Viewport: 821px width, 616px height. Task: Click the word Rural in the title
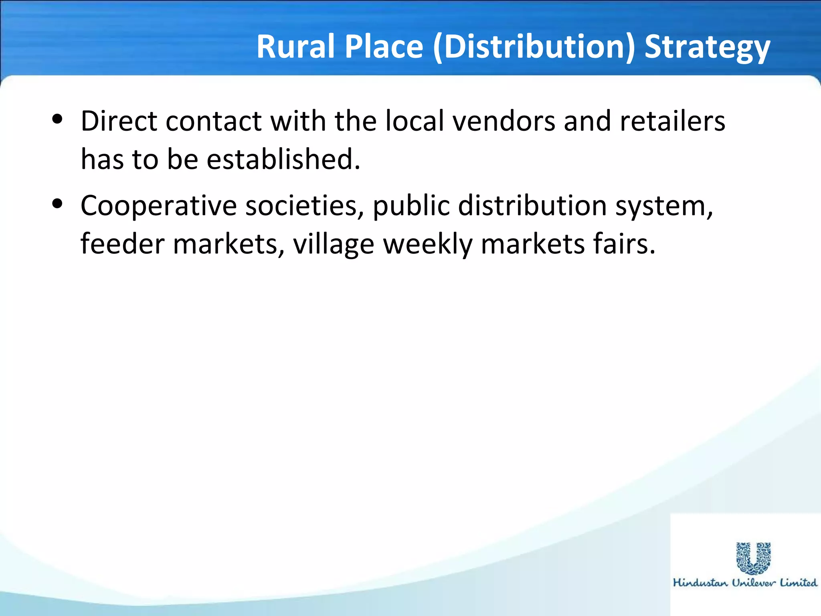click(296, 47)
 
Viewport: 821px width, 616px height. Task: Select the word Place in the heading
click(384, 47)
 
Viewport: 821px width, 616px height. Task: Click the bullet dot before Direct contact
click(58, 119)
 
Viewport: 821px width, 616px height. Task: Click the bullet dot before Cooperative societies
click(58, 204)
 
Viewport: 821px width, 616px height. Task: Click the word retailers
click(672, 121)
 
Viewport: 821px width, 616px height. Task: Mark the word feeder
click(122, 244)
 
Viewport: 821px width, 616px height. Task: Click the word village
click(334, 245)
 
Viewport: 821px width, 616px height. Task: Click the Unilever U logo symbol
click(753, 558)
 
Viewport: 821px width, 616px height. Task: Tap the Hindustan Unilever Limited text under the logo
click(745, 583)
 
